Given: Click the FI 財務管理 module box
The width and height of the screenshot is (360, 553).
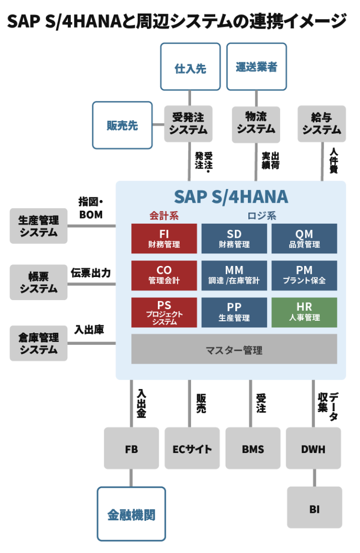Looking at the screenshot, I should coord(164,238).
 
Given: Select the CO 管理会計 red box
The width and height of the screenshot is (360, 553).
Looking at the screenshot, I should coord(164,275).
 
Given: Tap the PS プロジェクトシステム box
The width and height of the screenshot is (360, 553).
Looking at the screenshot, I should coord(164,312).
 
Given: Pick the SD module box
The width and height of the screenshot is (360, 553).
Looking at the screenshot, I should coord(234,238).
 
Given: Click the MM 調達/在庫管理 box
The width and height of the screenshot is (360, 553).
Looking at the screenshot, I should coord(234,275).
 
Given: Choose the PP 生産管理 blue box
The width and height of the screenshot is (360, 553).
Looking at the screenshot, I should coord(234,312).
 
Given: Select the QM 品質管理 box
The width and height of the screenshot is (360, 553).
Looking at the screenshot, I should coord(304,238).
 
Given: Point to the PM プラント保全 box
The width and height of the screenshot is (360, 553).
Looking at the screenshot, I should coord(304,275).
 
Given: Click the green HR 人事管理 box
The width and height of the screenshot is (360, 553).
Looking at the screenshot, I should coord(304,312).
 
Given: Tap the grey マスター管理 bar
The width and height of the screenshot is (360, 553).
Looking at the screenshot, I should coord(234,349).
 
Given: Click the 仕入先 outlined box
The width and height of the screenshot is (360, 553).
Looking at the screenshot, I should coord(190,67).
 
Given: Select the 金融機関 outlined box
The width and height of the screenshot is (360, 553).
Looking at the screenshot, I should coord(131,514).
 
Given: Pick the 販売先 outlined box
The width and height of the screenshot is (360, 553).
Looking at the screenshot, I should coord(122,125).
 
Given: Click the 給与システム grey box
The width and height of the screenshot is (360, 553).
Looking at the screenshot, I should coord(322,124).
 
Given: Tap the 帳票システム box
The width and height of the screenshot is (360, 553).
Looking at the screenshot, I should coord(39,282).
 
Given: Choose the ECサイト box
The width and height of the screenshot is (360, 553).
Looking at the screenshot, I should coord(192,448).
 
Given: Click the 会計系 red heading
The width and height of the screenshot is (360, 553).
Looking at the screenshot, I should coord(164,216).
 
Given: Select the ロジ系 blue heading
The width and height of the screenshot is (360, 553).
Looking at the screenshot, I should coord(261,216).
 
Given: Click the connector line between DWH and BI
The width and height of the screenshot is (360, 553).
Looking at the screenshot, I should coord(314,478).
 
